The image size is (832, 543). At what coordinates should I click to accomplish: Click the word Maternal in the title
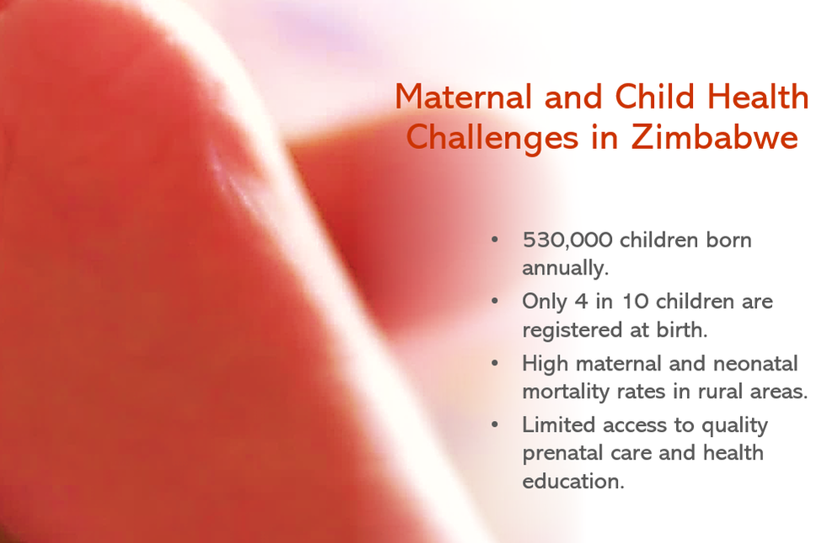click(x=464, y=97)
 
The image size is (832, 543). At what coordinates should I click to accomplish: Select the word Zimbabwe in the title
click(x=715, y=137)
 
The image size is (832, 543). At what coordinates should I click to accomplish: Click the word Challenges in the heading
click(x=492, y=139)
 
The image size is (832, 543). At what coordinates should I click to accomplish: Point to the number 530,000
click(x=567, y=241)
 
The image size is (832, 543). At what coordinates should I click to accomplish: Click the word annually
click(x=565, y=268)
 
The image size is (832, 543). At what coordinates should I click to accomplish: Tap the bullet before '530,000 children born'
click(x=495, y=239)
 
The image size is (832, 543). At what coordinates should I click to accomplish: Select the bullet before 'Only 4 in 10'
click(x=495, y=301)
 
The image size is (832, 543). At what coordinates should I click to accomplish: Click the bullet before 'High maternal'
click(x=495, y=363)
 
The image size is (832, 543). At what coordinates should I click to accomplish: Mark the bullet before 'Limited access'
click(x=495, y=424)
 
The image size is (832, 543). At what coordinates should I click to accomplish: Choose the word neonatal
click(x=755, y=364)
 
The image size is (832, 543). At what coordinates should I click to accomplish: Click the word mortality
click(x=566, y=392)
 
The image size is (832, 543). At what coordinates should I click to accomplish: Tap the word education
click(x=573, y=481)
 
